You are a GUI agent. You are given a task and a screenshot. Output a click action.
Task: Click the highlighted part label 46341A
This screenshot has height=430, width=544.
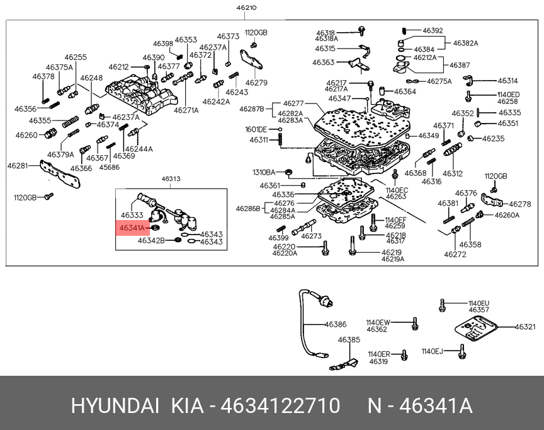tap(132, 228)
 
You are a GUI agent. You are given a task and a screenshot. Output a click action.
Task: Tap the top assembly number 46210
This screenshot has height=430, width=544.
tap(246, 8)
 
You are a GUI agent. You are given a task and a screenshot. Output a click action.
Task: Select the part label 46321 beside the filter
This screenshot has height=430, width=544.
tap(525, 327)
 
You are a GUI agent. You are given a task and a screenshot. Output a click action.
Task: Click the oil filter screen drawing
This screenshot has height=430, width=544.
tap(475, 330)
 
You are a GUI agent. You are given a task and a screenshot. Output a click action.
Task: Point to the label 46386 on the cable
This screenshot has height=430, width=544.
tap(336, 325)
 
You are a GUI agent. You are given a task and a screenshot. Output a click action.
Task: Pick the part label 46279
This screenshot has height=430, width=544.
tap(256, 83)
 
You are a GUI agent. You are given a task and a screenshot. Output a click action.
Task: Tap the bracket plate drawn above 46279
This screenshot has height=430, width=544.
tap(251, 60)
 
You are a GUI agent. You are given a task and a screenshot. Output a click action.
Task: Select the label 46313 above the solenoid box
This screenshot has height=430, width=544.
tap(171, 179)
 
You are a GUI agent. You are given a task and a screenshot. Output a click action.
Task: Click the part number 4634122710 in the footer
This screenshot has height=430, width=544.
tap(280, 405)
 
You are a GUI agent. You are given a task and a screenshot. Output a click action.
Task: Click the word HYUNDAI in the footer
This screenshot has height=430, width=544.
tap(115, 405)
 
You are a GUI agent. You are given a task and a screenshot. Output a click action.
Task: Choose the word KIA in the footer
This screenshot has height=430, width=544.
tap(188, 405)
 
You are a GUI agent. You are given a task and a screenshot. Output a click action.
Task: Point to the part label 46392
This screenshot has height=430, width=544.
tap(433, 30)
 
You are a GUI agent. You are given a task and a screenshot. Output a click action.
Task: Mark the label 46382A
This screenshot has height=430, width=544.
tap(465, 43)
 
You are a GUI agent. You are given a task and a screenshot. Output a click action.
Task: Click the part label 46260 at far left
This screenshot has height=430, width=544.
tap(26, 135)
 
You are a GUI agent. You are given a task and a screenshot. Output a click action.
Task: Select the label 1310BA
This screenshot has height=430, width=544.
tap(264, 172)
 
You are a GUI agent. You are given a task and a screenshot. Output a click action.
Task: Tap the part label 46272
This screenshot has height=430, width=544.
tap(455, 254)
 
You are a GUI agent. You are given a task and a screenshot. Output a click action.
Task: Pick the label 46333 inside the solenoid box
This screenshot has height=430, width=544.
tap(132, 215)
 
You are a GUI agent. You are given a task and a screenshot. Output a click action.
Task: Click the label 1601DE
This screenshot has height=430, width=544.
tap(256, 129)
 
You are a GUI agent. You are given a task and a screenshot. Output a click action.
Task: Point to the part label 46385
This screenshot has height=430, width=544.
tap(349, 340)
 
